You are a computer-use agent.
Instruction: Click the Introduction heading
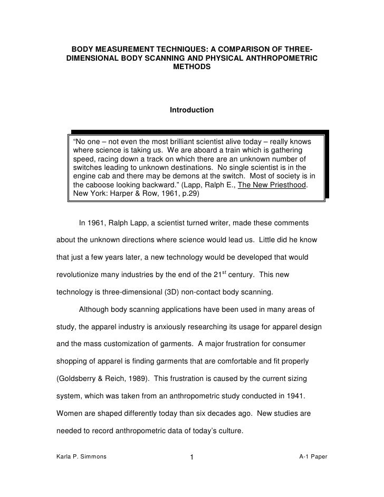tap(191, 110)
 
